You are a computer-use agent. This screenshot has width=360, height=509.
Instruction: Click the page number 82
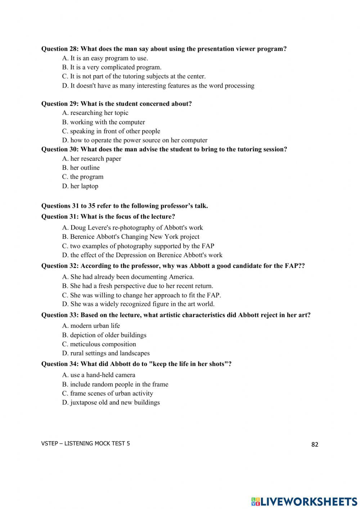click(x=315, y=445)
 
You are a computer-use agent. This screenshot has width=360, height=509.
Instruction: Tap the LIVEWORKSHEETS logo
click(x=304, y=501)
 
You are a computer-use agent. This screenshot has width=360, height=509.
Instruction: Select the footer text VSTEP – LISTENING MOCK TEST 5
click(x=86, y=443)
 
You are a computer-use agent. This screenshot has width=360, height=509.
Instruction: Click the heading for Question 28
click(x=164, y=49)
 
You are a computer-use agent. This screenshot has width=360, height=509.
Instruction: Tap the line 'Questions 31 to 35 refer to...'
click(x=125, y=206)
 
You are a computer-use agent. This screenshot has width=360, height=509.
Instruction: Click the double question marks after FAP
click(x=301, y=266)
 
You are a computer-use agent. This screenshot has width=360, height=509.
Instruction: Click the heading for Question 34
click(x=136, y=364)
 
